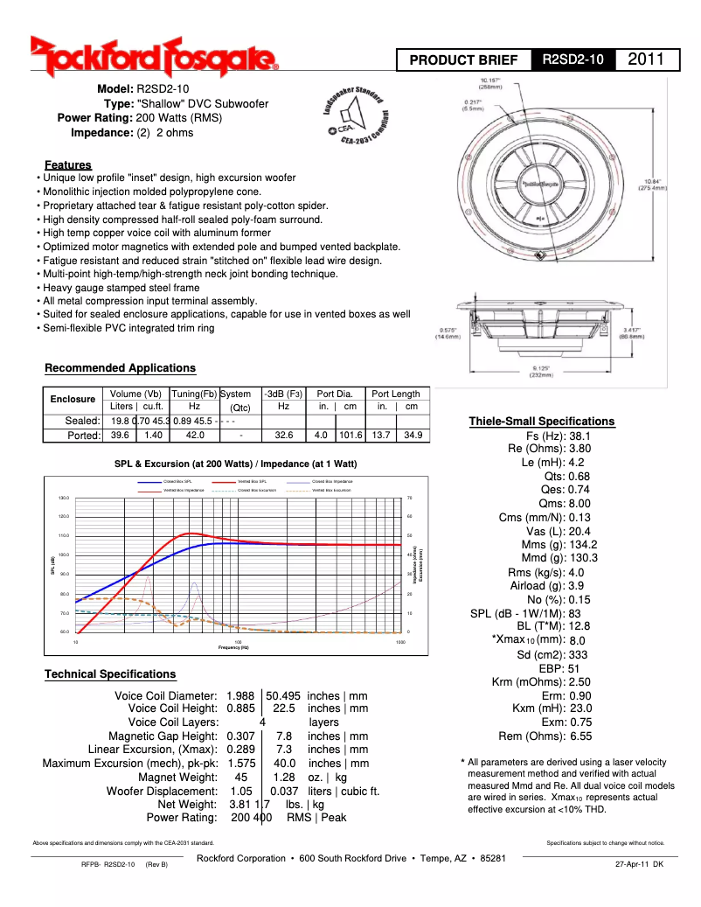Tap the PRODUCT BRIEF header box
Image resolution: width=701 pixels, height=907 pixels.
pos(464,60)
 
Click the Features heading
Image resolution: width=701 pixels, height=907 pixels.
pos(68,164)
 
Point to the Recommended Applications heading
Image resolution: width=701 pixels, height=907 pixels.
pos(120,367)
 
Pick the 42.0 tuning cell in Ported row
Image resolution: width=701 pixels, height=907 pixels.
pos(195,434)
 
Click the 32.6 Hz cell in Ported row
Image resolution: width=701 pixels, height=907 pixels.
pos(283,434)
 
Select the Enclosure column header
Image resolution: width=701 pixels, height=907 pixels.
pos(73,400)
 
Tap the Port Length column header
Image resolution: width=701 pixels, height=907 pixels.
pos(395,394)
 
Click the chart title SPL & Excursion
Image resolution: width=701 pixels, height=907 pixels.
pos(235,463)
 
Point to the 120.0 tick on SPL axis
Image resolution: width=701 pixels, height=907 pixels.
pos(64,516)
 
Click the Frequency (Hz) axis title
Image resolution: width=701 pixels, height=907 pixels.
pos(233,647)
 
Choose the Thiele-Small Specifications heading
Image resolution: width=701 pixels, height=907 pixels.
pos(541,421)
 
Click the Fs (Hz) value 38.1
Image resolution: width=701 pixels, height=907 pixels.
pos(580,435)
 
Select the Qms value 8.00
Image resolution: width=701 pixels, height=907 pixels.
pos(580,503)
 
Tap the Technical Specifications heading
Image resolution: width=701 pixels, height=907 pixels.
pos(110,673)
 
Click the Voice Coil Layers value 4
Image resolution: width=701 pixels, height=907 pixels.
pos(262,722)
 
